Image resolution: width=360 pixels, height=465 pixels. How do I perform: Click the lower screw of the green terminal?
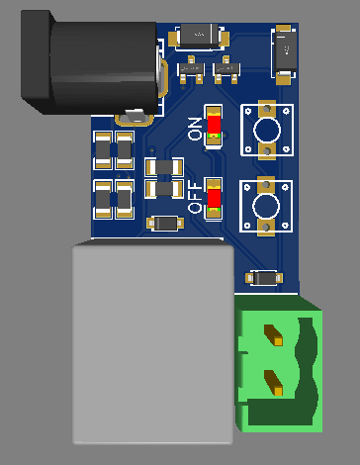click(x=277, y=378)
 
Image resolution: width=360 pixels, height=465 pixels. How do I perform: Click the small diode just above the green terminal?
click(x=266, y=278)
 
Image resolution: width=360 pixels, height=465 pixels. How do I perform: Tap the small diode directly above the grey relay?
click(x=164, y=223)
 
